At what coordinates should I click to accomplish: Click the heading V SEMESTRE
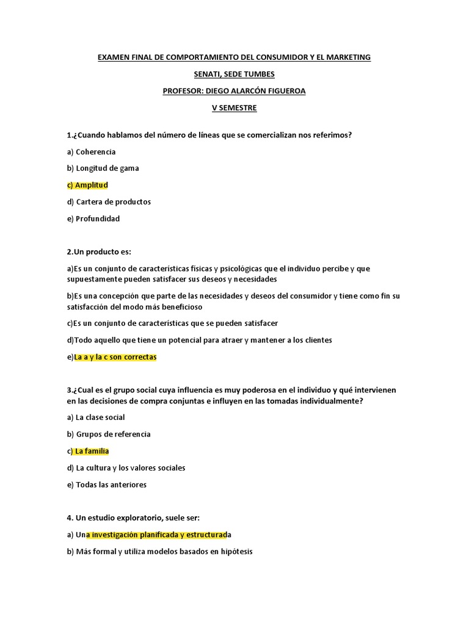[x=234, y=108]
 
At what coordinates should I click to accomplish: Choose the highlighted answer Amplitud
[x=92, y=185]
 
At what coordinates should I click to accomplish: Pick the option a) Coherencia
[x=92, y=151]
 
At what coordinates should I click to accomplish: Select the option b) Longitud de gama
[x=103, y=168]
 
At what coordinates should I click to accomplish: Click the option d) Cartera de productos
[x=109, y=202]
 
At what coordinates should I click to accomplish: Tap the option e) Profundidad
[x=93, y=219]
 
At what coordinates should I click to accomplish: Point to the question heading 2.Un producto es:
[x=99, y=252]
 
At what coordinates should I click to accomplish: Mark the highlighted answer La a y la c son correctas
[x=115, y=357]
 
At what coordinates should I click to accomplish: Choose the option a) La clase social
[x=96, y=417]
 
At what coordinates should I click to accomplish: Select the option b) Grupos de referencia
[x=109, y=435]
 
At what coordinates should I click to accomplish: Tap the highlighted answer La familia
[x=92, y=451]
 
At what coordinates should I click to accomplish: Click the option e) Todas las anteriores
[x=107, y=485]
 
